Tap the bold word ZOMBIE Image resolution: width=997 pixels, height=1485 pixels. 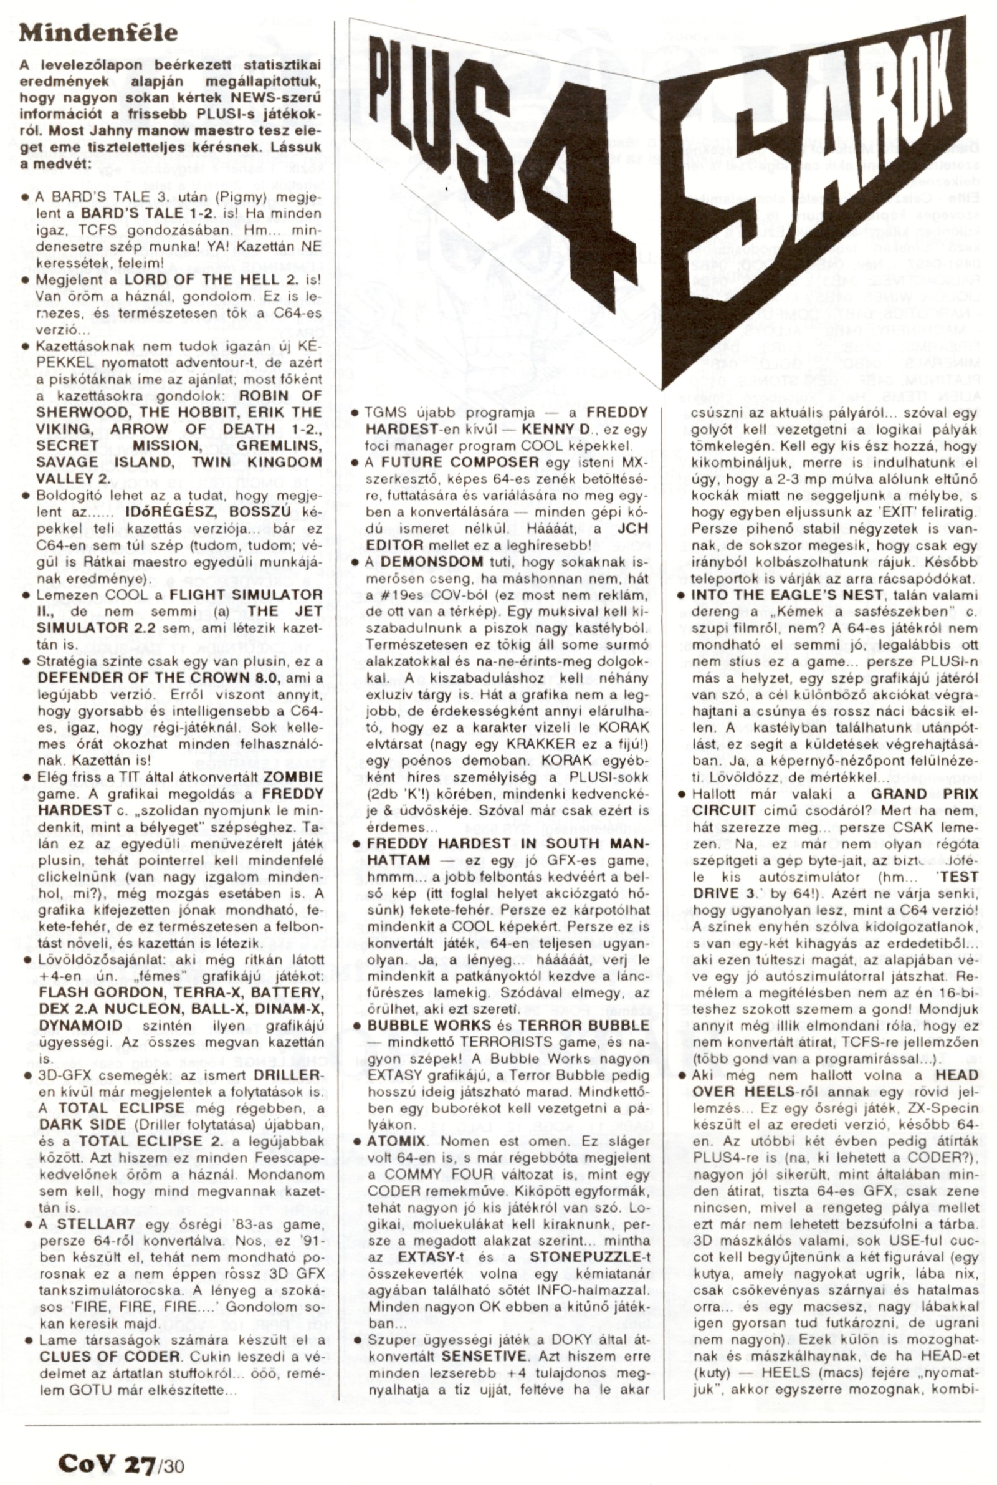[x=293, y=778]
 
